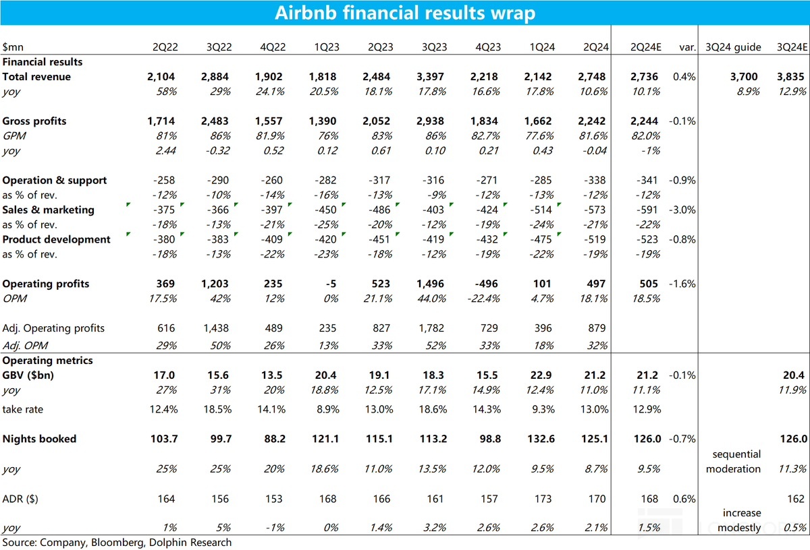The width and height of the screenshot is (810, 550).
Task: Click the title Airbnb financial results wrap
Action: click(405, 13)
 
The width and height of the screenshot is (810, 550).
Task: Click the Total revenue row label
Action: click(36, 77)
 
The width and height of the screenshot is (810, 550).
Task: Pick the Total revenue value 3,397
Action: click(431, 77)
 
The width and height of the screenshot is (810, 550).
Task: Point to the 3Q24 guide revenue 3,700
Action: click(745, 77)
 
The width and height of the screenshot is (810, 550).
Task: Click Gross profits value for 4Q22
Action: click(270, 121)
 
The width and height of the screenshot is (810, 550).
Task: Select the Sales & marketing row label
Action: click(48, 210)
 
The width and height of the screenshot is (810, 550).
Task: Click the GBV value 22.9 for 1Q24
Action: click(542, 375)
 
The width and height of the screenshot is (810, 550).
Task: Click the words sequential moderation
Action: click(733, 461)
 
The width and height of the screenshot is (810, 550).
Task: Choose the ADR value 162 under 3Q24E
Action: click(796, 499)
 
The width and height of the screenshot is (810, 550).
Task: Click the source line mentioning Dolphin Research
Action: click(117, 543)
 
